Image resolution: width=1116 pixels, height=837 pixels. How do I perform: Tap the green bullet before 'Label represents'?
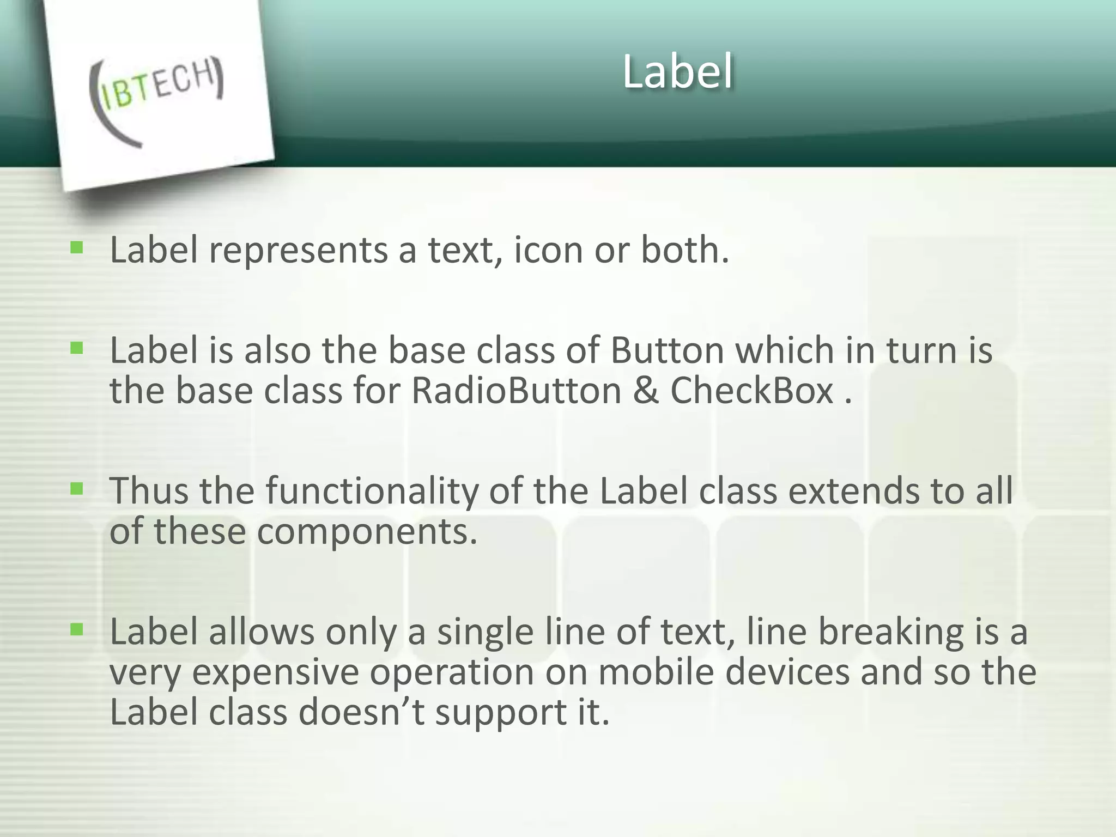click(x=77, y=249)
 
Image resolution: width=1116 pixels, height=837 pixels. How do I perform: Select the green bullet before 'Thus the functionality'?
click(x=77, y=489)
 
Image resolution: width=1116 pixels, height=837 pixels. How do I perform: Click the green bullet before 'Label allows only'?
click(x=77, y=630)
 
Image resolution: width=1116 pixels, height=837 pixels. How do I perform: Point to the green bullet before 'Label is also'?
click(x=77, y=348)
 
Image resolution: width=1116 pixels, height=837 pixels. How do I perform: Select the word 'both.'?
click(x=684, y=250)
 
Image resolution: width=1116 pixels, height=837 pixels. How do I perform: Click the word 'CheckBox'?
click(x=752, y=391)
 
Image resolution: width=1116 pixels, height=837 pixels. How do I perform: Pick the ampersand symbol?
click(x=646, y=392)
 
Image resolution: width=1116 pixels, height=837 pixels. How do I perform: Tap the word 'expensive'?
click(x=275, y=674)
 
